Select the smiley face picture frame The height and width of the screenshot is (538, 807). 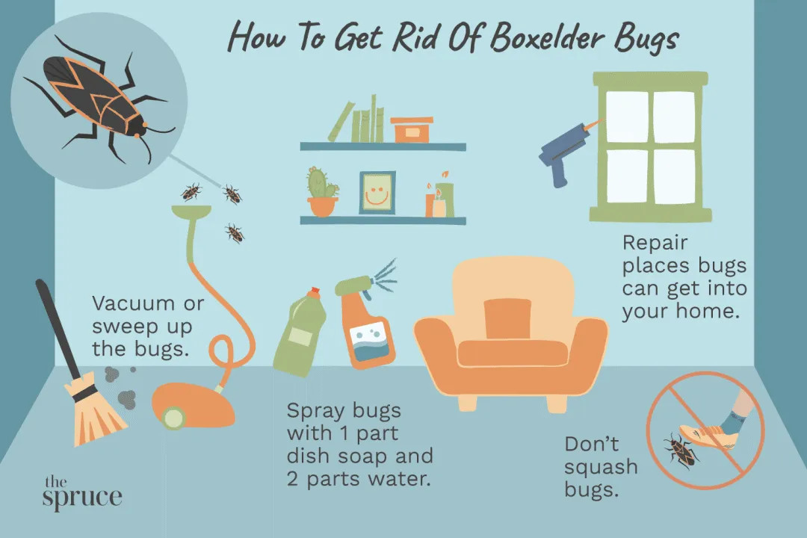377,193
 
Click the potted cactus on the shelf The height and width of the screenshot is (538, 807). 323,191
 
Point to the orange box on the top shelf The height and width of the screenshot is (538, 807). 411,130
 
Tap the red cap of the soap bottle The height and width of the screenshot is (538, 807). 313,292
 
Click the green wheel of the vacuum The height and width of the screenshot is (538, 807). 173,418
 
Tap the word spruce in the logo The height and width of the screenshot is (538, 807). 82,498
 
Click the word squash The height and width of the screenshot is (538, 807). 601,468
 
